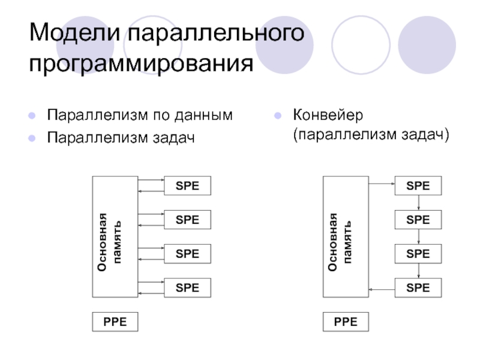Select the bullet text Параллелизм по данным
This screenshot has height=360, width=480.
(140, 114)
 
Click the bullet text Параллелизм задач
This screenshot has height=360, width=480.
(122, 138)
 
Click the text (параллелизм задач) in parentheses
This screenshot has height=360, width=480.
(371, 134)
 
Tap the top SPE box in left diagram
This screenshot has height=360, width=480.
(187, 186)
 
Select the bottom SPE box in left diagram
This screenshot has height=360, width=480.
(187, 288)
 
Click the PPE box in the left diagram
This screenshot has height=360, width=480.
(115, 322)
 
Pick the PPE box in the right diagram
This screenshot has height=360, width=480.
(346, 322)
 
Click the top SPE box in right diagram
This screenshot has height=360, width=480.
(418, 186)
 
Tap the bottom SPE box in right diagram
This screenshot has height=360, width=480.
(418, 288)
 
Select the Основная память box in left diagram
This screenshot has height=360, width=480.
(115, 237)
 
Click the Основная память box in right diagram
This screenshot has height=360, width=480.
(346, 237)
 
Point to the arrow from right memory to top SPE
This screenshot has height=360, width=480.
(382, 185)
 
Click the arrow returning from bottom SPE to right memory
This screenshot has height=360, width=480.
(382, 289)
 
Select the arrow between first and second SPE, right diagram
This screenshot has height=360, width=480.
(418, 203)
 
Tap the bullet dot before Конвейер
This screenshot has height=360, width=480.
(278, 115)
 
